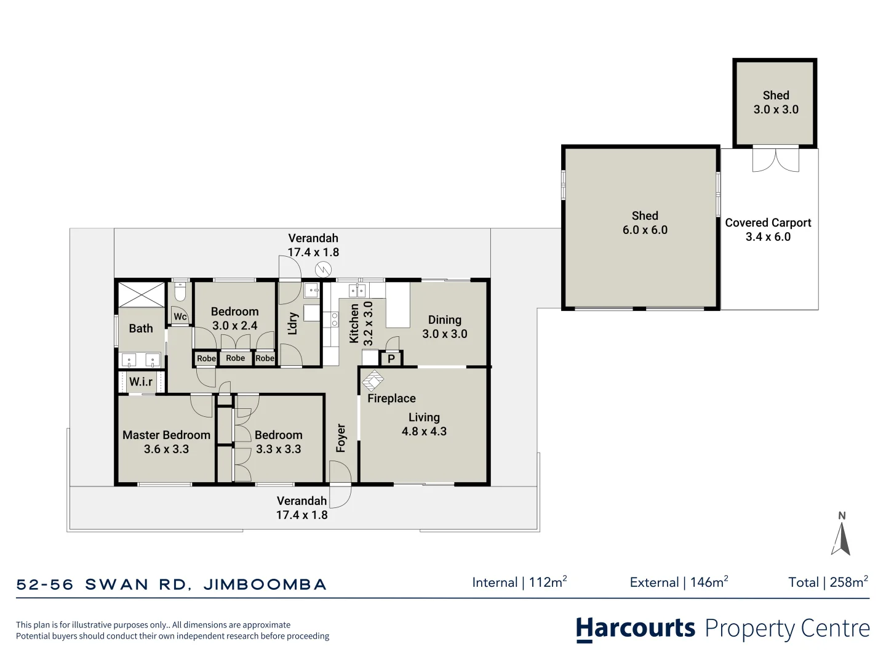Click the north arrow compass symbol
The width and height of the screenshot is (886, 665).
pyautogui.click(x=841, y=536)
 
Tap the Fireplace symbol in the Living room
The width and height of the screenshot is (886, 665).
pyautogui.click(x=372, y=381)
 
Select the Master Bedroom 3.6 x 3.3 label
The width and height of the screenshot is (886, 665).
pyautogui.click(x=166, y=442)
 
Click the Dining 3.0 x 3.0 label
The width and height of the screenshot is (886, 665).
pyautogui.click(x=444, y=327)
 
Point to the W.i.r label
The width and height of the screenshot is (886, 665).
pyautogui.click(x=141, y=382)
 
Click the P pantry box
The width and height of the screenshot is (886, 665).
pyautogui.click(x=391, y=358)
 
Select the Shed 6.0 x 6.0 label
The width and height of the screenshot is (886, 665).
pyautogui.click(x=644, y=223)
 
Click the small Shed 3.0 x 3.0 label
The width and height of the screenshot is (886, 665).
pyautogui.click(x=775, y=102)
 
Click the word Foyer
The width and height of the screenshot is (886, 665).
pyautogui.click(x=341, y=438)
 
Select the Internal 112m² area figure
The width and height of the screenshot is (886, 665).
pyautogui.click(x=519, y=582)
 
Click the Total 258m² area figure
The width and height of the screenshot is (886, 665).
pyautogui.click(x=828, y=582)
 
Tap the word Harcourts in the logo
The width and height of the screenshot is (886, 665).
pyautogui.click(x=636, y=629)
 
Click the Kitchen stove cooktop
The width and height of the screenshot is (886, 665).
pyautogui.click(x=335, y=319)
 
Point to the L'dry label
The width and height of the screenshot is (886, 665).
pyautogui.click(x=293, y=324)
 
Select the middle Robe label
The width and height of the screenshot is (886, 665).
pyautogui.click(x=235, y=358)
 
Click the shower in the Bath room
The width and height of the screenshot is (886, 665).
pyautogui.click(x=142, y=294)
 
